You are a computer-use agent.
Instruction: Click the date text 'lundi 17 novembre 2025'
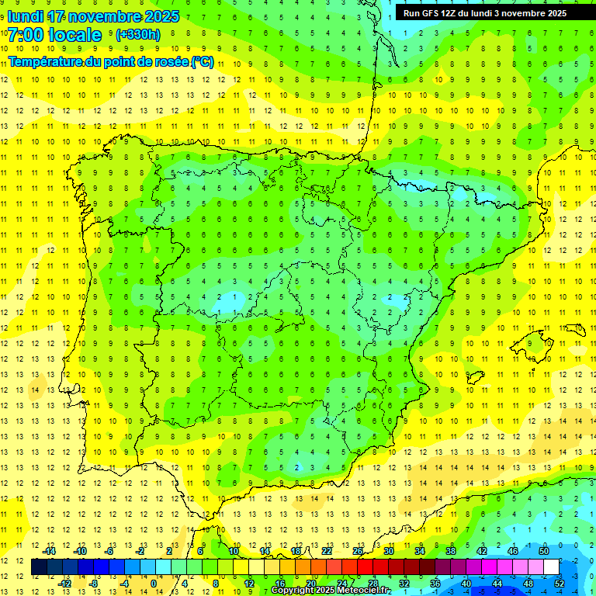(93, 16)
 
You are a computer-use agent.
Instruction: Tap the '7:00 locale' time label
(54, 35)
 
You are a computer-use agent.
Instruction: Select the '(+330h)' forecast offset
(137, 35)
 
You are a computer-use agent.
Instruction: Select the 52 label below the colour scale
(559, 583)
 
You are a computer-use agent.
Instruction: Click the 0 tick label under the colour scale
(154, 583)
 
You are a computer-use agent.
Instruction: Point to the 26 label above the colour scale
(357, 551)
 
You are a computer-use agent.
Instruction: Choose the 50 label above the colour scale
(543, 551)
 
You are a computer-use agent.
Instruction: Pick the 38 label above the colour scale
(450, 551)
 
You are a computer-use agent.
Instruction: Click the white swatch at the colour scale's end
(551, 567)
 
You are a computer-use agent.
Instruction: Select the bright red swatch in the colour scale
(365, 567)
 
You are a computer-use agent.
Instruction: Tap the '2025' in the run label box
(553, 13)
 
